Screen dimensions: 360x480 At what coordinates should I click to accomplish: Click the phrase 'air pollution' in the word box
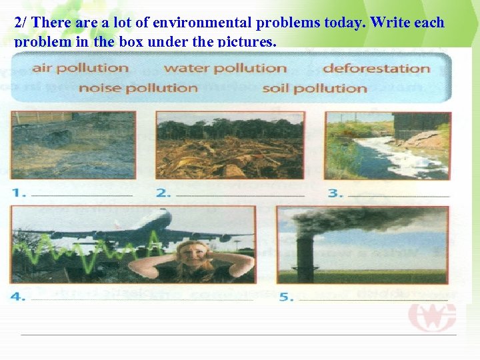pyautogui.click(x=80, y=68)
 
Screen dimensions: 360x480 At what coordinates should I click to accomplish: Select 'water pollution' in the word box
pyautogui.click(x=225, y=68)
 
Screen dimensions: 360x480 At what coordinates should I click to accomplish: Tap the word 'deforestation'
pyautogui.click(x=376, y=69)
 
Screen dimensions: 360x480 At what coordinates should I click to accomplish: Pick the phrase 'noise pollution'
pyautogui.click(x=138, y=88)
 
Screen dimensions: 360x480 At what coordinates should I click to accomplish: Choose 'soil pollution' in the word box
pyautogui.click(x=315, y=89)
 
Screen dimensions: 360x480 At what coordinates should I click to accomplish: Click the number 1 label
pyautogui.click(x=19, y=193)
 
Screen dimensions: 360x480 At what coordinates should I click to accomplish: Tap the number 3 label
pyautogui.click(x=335, y=193)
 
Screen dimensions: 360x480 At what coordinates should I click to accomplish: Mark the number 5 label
pyautogui.click(x=287, y=297)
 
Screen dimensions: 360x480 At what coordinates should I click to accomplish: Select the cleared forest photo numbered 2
pyautogui.click(x=229, y=145)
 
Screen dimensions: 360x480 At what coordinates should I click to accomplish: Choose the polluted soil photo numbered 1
pyautogui.click(x=73, y=145)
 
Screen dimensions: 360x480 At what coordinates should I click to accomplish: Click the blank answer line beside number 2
pyautogui.click(x=240, y=195)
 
